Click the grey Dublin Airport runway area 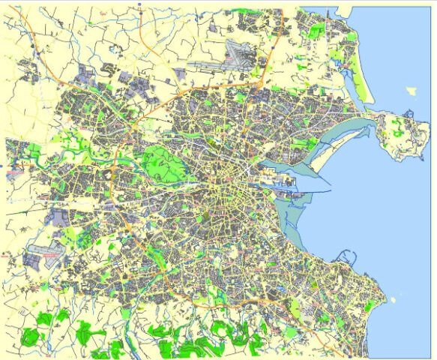pyautogui.click(x=238, y=55)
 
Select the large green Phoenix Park pyautogui.click(x=160, y=160)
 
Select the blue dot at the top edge pyautogui.click(x=140, y=4)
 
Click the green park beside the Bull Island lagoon pyautogui.click(x=304, y=142)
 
